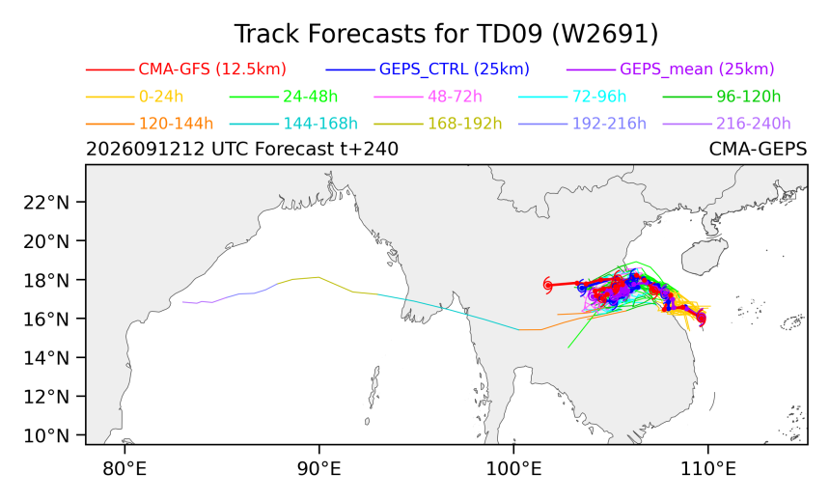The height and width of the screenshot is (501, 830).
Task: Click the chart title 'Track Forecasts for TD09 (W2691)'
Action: point(446,35)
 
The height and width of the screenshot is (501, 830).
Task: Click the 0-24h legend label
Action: point(161,97)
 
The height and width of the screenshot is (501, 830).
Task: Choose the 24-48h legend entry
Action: point(310,97)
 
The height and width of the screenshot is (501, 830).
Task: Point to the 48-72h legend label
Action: point(455,97)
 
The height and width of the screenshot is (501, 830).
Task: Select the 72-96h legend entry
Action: point(599,97)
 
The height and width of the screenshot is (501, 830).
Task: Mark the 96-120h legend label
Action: point(749,97)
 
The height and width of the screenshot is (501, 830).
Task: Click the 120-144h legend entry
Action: point(176,124)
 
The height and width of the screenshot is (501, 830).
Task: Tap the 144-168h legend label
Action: point(320,124)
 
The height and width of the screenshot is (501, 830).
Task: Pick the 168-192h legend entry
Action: point(465,124)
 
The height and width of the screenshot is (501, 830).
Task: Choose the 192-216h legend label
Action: point(609,124)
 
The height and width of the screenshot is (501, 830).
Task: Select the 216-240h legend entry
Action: point(753,124)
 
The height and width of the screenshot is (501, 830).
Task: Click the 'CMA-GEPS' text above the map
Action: point(758,150)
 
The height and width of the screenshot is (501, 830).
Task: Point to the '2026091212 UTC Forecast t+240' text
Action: point(242,150)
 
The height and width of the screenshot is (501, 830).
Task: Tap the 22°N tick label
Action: point(46,203)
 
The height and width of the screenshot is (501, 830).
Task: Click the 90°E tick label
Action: point(319,469)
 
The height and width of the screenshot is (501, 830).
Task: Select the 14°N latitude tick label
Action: point(46,358)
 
